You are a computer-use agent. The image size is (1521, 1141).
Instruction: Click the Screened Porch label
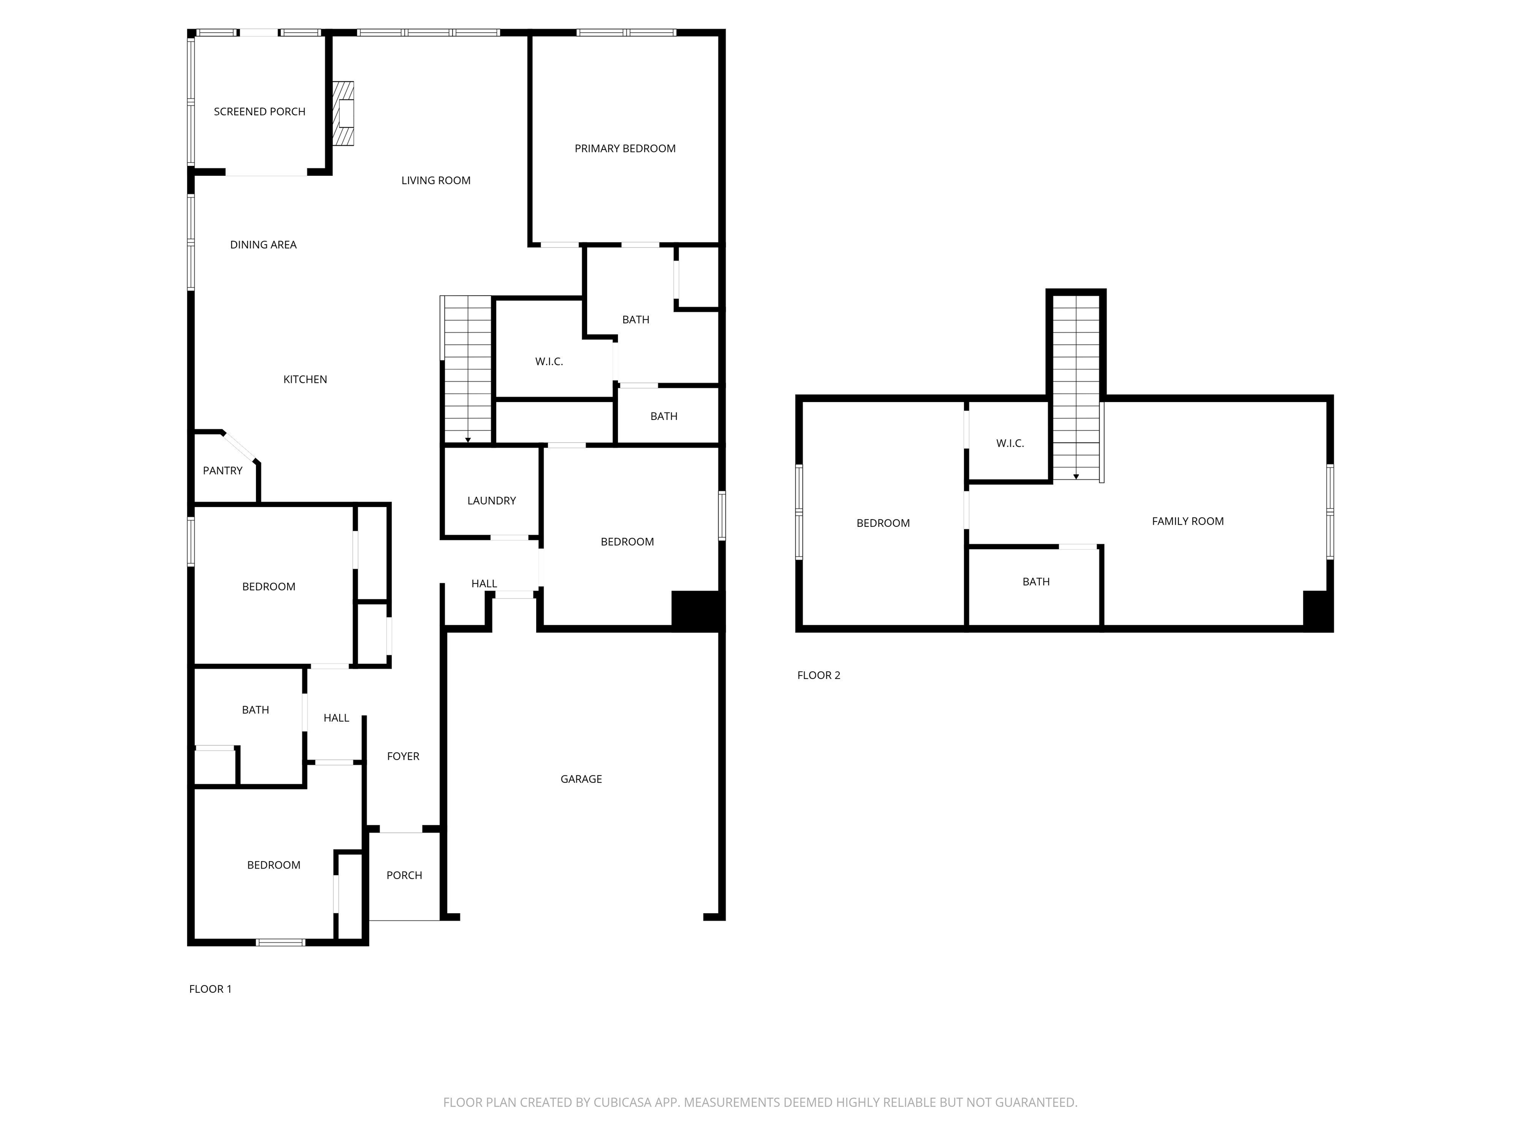click(x=259, y=111)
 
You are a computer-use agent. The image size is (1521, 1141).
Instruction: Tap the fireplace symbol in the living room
click(x=344, y=113)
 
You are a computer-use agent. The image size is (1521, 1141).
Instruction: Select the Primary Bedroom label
click(x=625, y=149)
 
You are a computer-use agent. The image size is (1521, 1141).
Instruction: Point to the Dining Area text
click(x=263, y=245)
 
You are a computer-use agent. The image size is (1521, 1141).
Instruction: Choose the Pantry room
click(x=223, y=471)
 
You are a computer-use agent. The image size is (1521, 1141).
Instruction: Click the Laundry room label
click(x=492, y=501)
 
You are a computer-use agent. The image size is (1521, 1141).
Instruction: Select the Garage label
click(x=581, y=779)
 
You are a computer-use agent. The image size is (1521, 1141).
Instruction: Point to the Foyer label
click(x=403, y=757)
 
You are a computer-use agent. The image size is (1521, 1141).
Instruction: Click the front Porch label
click(x=405, y=876)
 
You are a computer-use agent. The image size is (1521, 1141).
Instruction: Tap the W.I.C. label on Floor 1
click(x=550, y=362)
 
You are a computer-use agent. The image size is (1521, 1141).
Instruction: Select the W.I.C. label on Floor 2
click(x=1010, y=444)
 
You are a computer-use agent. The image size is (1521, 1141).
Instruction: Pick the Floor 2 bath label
click(x=1036, y=582)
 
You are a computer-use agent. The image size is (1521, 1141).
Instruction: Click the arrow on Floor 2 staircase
click(x=1076, y=476)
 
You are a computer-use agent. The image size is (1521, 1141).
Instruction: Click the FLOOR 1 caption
click(x=210, y=989)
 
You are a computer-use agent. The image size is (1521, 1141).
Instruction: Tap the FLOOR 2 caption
click(x=819, y=675)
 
